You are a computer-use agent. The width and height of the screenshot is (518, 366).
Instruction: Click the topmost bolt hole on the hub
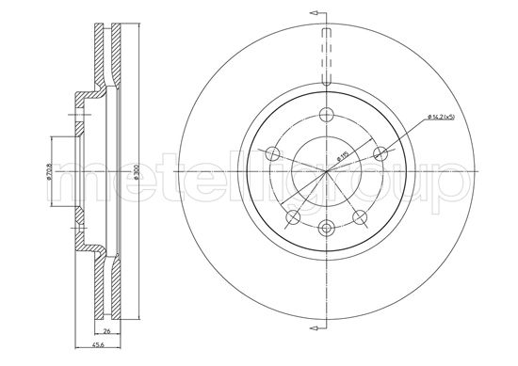[x=327, y=116]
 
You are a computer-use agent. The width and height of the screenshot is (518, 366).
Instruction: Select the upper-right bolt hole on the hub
[x=380, y=153]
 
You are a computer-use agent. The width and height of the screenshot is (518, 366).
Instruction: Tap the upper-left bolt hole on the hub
[x=273, y=153]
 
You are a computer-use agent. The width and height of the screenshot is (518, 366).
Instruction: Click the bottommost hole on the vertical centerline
[x=327, y=227]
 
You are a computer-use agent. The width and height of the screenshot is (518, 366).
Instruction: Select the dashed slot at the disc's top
[x=327, y=56]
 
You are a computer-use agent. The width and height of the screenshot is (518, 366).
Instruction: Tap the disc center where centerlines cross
[x=327, y=172]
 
